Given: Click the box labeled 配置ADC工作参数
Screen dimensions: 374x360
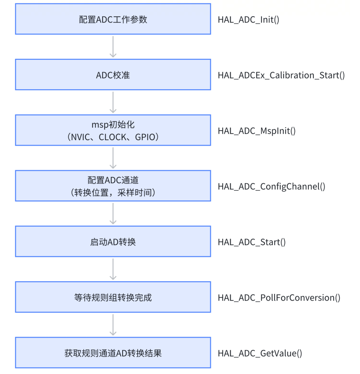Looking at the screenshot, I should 113,20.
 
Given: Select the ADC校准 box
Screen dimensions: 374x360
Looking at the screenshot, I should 113,75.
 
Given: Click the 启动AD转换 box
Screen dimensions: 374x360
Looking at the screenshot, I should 113,242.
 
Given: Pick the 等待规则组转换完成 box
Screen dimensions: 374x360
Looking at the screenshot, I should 113,298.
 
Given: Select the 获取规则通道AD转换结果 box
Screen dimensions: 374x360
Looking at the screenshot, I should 113,353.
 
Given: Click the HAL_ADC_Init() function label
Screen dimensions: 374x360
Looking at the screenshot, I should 248,20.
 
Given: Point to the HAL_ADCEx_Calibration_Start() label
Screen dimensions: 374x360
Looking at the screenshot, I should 281,76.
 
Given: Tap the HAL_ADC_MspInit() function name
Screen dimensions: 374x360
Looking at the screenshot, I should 257,131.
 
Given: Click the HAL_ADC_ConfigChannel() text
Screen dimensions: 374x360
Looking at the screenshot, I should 271,187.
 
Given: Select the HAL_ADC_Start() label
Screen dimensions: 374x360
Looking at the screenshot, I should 252,242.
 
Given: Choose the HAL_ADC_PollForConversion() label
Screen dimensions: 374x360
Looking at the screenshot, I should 279,298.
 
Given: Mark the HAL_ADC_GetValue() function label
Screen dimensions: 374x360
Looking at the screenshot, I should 260,353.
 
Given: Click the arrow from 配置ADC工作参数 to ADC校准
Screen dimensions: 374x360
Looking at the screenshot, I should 113,46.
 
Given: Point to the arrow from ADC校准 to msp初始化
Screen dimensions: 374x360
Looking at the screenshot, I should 113,102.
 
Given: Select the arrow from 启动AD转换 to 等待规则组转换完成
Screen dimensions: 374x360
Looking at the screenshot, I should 113,269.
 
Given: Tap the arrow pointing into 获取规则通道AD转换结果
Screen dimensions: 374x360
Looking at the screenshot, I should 113,324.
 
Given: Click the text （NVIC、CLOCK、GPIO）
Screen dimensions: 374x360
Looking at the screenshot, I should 113,137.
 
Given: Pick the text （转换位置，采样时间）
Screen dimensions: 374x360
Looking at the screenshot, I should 113,192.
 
